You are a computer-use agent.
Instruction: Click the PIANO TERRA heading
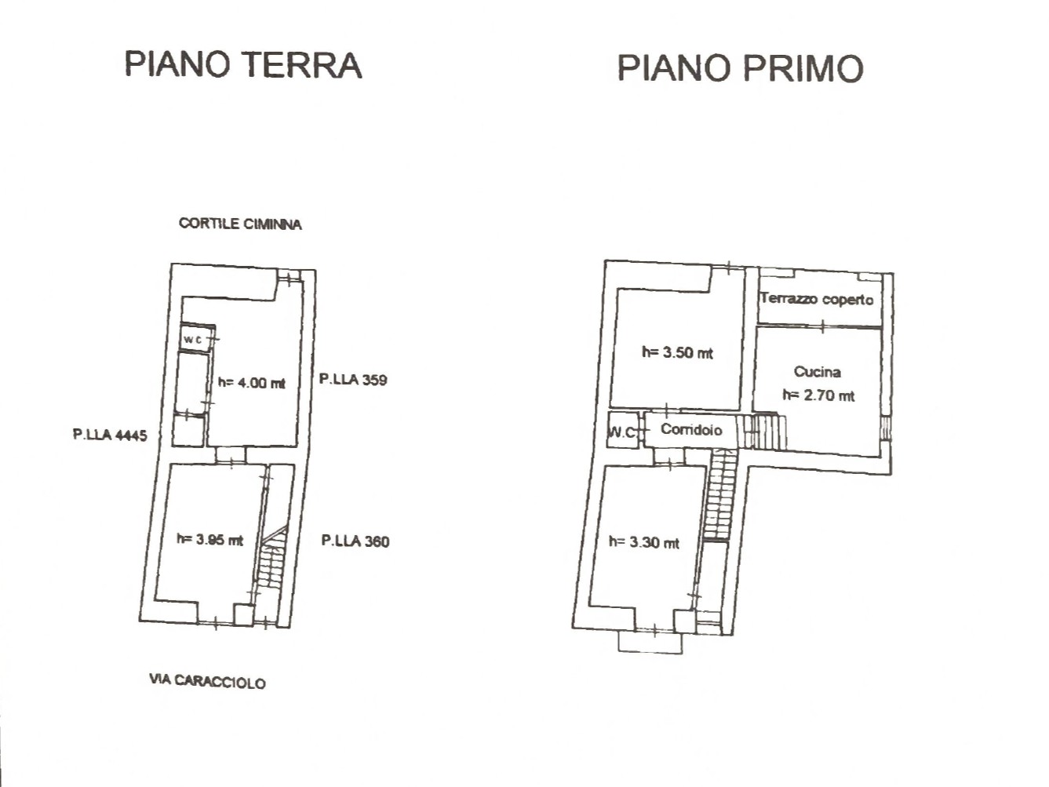pyautogui.click(x=242, y=64)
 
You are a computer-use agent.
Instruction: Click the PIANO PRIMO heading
pyautogui.click(x=741, y=68)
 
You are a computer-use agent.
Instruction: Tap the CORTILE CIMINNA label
pyautogui.click(x=240, y=224)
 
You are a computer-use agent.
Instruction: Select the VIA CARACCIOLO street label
pyautogui.click(x=207, y=682)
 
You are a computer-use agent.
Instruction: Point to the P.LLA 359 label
pyautogui.click(x=353, y=380)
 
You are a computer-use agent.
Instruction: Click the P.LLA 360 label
pyautogui.click(x=355, y=541)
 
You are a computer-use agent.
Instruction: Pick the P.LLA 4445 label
pyautogui.click(x=110, y=435)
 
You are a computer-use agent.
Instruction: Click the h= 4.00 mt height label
pyautogui.click(x=252, y=383)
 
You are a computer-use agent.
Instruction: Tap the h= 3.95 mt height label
pyautogui.click(x=209, y=540)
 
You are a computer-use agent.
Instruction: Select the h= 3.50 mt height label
pyautogui.click(x=677, y=352)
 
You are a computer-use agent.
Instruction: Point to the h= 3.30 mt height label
pyautogui.click(x=643, y=542)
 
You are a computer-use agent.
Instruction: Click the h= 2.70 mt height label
pyautogui.click(x=818, y=395)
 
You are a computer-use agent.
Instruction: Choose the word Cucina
pyautogui.click(x=818, y=372)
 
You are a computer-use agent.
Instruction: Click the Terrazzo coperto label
pyautogui.click(x=817, y=299)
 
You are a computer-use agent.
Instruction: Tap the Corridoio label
pyautogui.click(x=691, y=429)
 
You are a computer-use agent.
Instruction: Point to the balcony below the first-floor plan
pyautogui.click(x=650, y=642)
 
